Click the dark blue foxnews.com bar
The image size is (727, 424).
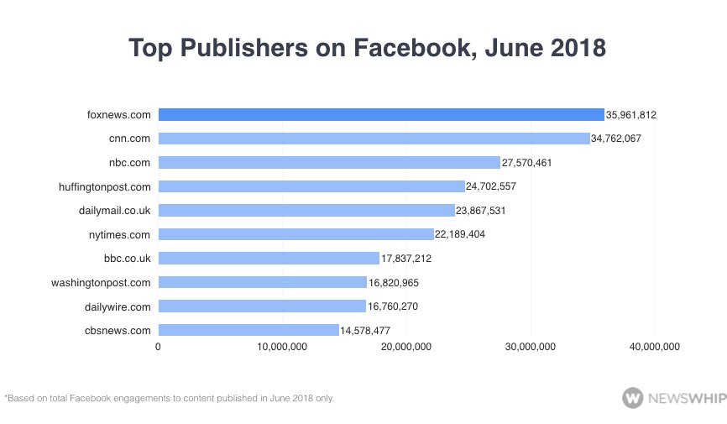380,115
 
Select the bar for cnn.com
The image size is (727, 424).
374,139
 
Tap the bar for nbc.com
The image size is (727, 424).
328,162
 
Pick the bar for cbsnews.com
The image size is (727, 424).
248,331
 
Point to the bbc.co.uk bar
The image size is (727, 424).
269,259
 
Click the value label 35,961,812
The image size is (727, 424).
630,115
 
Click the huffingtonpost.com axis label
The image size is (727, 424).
101,186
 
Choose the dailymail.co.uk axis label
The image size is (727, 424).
109,211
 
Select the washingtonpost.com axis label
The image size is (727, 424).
101,283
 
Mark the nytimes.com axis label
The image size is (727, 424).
119,234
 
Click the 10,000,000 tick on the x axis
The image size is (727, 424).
282,347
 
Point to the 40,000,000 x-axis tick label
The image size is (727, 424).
655,347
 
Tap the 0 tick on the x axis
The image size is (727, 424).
158,347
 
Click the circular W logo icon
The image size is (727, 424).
632,397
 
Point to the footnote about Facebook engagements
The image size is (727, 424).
170,398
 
